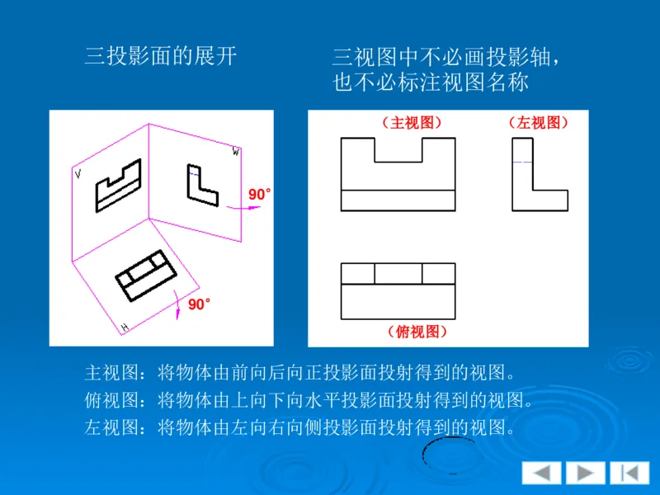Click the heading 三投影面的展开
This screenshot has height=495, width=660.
tap(161, 56)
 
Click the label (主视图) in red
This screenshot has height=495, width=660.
tap(412, 123)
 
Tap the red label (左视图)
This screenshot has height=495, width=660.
tap(539, 123)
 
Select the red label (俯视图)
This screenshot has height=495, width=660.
tap(417, 332)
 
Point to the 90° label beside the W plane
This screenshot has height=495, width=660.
tap(259, 195)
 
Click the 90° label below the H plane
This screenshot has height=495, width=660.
tap(199, 304)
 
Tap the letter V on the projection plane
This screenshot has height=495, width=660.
tap(78, 174)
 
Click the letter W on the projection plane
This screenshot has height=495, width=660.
tap(236, 152)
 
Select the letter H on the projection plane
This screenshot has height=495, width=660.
tap(125, 328)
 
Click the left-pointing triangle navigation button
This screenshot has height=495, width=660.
tap(541, 473)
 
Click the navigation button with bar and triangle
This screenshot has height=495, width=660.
tap(629, 473)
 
